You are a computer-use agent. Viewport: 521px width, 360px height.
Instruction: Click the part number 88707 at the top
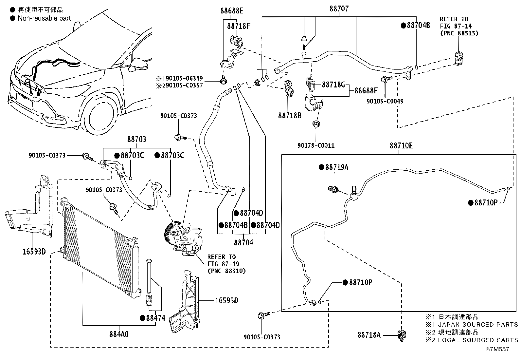click(x=339, y=9)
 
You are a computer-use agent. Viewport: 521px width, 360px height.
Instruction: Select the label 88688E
click(x=232, y=11)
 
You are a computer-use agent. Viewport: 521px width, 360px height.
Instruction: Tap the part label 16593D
click(x=34, y=252)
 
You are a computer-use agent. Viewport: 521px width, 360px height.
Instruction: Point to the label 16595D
click(x=226, y=301)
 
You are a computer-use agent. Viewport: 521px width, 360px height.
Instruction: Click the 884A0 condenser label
click(x=119, y=334)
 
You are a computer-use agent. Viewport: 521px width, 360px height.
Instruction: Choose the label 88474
click(x=155, y=318)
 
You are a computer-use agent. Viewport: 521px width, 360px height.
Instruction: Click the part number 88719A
click(x=337, y=167)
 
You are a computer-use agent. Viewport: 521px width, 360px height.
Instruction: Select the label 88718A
click(x=369, y=335)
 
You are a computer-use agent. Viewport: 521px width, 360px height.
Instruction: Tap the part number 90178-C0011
click(x=316, y=145)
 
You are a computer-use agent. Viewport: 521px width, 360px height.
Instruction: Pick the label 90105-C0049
click(x=385, y=101)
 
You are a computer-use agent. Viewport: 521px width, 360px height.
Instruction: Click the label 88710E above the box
click(x=401, y=146)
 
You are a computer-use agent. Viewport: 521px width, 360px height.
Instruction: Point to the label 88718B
click(x=290, y=116)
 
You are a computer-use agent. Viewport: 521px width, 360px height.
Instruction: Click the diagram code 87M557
click(x=497, y=349)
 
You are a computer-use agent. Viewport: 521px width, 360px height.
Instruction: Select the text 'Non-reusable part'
click(x=44, y=18)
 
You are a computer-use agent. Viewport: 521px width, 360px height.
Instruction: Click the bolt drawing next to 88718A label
click(x=402, y=335)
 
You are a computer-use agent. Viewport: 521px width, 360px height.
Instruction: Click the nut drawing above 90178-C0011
click(x=316, y=124)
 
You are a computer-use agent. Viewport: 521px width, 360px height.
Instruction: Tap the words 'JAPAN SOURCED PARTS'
click(x=478, y=325)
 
